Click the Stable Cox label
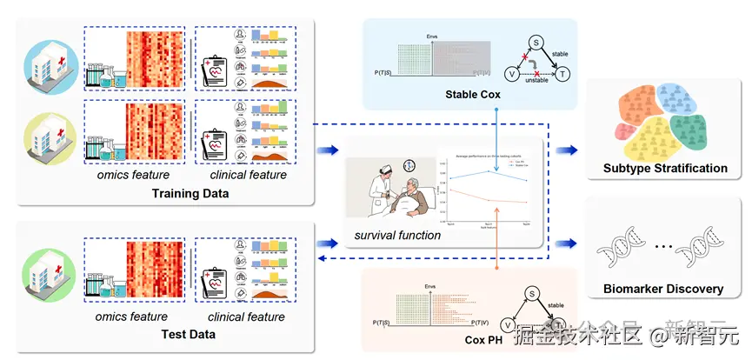(x=472, y=94)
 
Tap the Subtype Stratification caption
(x=665, y=168)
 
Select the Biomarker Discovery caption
(x=664, y=289)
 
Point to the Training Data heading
(x=190, y=193)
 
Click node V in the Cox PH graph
(x=511, y=317)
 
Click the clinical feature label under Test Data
(x=249, y=317)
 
